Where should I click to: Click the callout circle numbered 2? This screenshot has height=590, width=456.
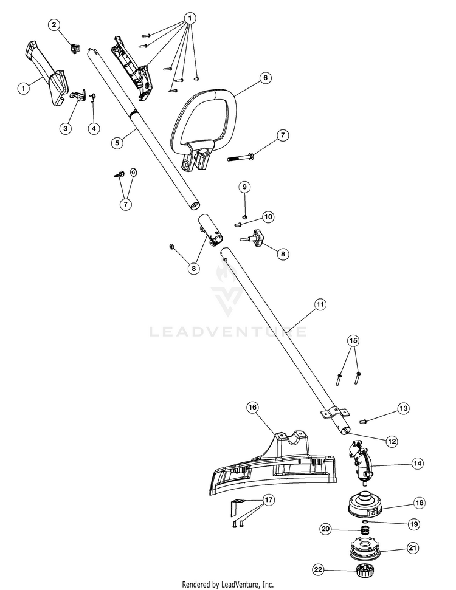tap(54, 25)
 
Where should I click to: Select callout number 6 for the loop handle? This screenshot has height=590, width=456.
tap(266, 78)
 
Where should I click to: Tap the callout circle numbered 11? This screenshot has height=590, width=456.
tap(320, 304)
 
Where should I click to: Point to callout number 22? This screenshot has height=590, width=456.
tap(318, 570)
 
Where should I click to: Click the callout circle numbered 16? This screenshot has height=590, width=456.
tap(252, 407)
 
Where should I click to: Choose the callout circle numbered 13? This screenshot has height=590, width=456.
tap(403, 408)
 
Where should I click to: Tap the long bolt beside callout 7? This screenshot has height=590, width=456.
tap(241, 157)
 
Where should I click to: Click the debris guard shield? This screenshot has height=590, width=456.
tap(272, 467)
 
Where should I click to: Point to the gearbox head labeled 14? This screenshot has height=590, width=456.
tap(360, 462)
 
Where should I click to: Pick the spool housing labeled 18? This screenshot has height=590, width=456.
tap(365, 503)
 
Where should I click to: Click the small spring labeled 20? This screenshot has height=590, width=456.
tap(364, 531)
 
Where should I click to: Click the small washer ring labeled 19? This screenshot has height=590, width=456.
tap(365, 523)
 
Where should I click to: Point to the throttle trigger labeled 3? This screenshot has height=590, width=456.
tap(78, 95)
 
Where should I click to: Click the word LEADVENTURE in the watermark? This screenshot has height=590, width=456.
tap(228, 332)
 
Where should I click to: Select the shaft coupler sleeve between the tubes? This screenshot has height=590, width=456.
tap(210, 230)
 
